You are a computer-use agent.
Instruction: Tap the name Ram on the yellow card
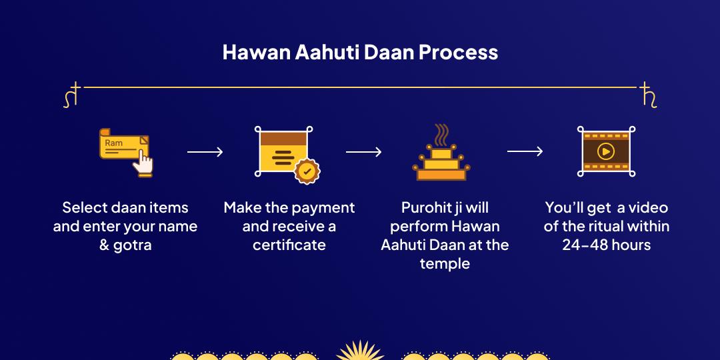pos(113,143)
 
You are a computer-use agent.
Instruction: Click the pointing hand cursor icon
pos(143,165)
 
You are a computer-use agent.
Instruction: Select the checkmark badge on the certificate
pos(307,171)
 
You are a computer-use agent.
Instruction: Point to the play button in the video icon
pos(605,151)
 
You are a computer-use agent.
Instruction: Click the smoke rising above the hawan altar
pos(442,135)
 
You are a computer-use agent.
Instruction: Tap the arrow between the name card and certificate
pos(205,152)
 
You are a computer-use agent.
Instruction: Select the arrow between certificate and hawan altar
pos(364,152)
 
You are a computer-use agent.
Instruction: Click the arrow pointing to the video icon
pos(525,151)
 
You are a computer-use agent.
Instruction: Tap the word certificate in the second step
pos(289,245)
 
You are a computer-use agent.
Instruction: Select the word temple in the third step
pos(445,264)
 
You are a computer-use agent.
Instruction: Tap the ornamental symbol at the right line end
pos(648,95)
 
